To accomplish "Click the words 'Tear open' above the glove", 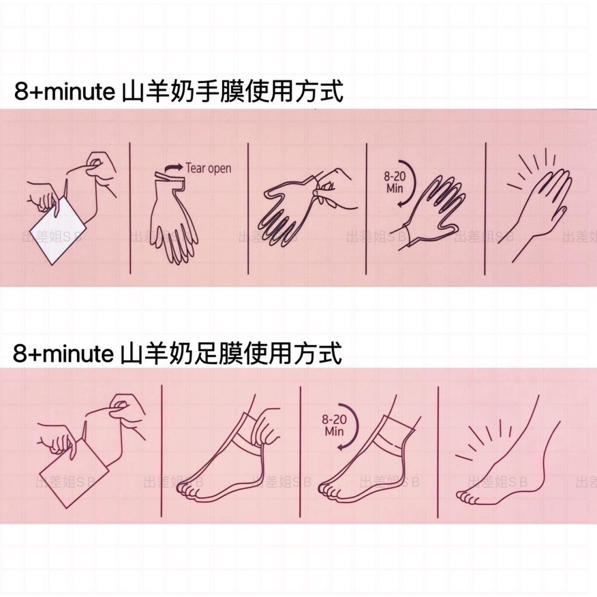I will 208,168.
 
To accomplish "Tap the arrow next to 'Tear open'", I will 173,167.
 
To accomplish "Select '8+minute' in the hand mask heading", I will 63,93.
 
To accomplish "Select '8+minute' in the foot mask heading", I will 63,354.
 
